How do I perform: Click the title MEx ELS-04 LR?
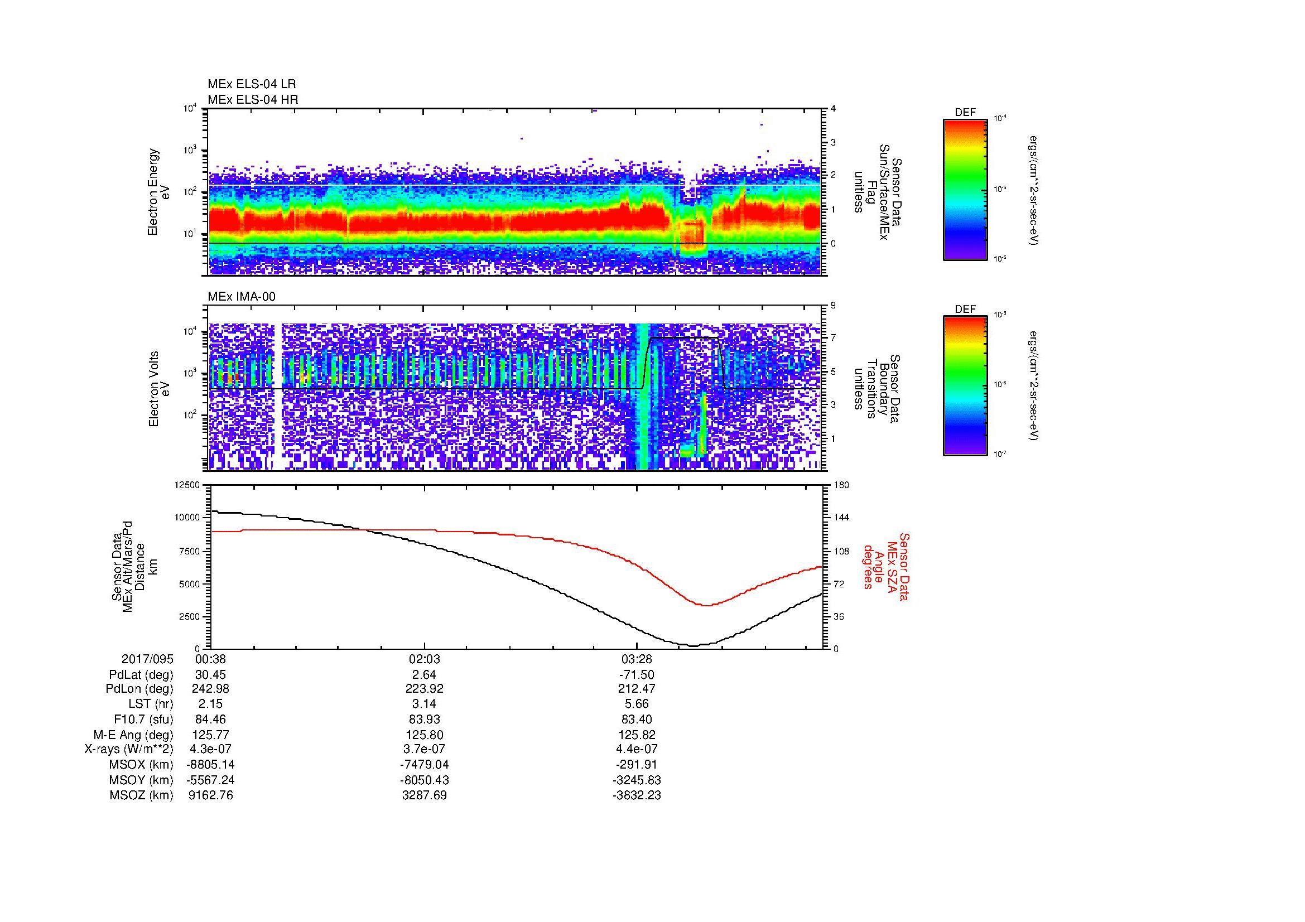click(x=251, y=84)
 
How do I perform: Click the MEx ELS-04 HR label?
click(x=252, y=99)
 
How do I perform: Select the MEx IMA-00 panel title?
click(x=242, y=297)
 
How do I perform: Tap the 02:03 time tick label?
click(x=424, y=659)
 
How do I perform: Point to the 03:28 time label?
click(x=637, y=659)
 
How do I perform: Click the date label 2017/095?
click(x=147, y=659)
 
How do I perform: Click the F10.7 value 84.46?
click(x=210, y=719)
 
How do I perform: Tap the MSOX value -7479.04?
click(x=424, y=765)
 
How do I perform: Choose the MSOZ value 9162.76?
click(x=210, y=795)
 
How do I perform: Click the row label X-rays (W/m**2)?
click(x=128, y=749)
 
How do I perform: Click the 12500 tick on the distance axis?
click(x=187, y=485)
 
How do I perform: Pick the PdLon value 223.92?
click(x=424, y=689)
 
